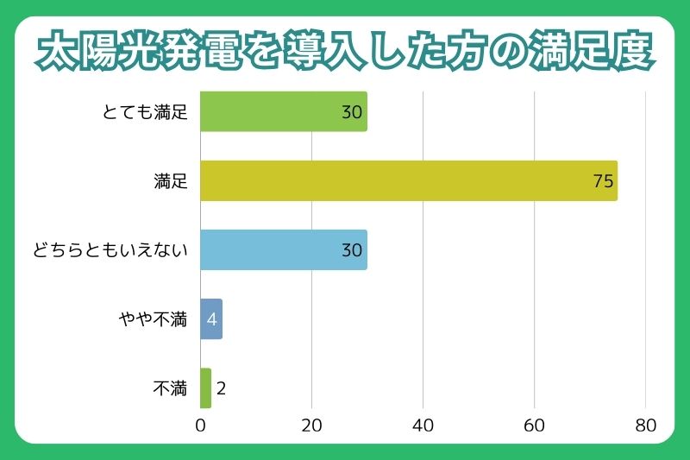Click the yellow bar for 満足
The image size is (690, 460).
409,180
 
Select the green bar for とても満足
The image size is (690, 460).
284,111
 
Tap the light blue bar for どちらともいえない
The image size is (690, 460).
284,249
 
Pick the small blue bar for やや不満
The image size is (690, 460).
211,318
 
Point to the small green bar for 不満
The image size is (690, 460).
205,388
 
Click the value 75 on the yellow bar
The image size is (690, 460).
603,181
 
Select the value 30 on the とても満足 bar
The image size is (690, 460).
352,112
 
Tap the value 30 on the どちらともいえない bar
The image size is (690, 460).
352,250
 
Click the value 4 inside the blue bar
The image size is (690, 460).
211,319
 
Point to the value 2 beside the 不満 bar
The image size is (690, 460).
221,388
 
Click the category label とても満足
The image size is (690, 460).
144,112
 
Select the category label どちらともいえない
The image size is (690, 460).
109,250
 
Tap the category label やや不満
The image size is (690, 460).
153,319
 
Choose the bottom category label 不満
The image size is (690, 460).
170,388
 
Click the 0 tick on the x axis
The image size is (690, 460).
200,425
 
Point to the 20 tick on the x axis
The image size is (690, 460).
311,425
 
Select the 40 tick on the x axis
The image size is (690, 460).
423,425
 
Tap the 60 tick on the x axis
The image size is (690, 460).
534,425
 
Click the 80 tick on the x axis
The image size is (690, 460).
645,425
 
